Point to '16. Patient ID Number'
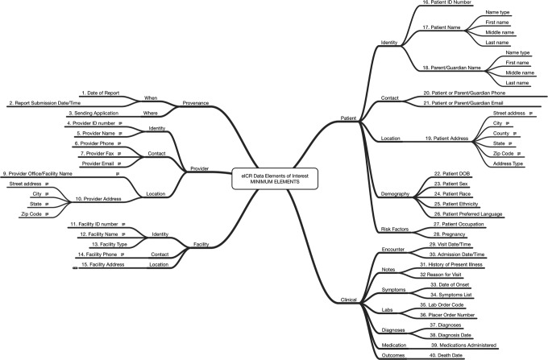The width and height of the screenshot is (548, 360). [446, 3]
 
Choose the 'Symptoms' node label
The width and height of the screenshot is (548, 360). [395, 288]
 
